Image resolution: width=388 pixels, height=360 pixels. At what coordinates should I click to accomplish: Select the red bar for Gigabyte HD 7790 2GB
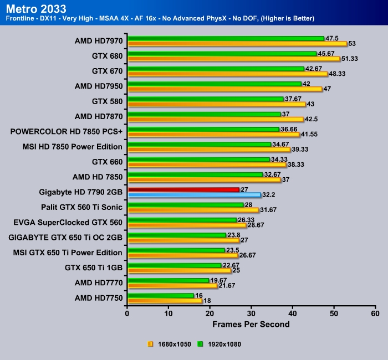183,189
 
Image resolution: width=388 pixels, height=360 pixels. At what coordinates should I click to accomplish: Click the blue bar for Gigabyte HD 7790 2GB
194,195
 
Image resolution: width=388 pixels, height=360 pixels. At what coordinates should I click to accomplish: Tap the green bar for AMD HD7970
226,38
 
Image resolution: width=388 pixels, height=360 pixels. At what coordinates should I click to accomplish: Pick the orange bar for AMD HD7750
165,300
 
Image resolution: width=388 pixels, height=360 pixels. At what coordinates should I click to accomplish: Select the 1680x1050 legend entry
171,344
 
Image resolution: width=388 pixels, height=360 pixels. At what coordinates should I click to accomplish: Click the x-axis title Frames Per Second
251,323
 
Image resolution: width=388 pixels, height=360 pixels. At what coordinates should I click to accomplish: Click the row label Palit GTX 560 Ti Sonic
81,207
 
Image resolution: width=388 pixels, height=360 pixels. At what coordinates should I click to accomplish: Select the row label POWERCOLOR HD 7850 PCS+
66,132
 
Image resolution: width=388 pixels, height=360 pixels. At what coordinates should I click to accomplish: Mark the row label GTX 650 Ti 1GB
93,268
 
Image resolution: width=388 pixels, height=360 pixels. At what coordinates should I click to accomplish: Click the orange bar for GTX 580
216,104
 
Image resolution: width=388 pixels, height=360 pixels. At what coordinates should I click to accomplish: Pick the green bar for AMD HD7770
168,280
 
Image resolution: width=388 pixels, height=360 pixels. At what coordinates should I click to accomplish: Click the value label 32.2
269,195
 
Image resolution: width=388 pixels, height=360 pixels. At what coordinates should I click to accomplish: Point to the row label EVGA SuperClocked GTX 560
68,222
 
